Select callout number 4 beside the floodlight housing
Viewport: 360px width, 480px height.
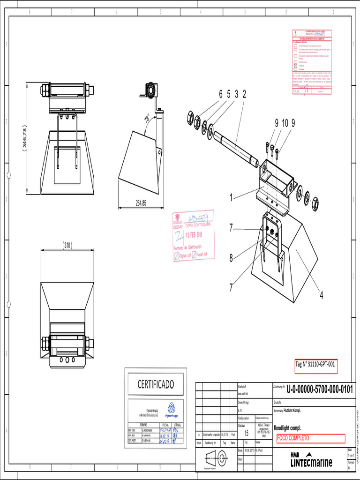click(x=322, y=295)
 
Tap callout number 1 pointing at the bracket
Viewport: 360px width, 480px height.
click(x=231, y=198)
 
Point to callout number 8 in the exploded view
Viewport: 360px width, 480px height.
click(x=231, y=257)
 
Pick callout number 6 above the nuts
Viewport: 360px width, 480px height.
click(x=220, y=94)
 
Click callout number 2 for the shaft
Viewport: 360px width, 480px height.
click(x=244, y=94)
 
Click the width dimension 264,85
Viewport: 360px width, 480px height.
click(x=141, y=203)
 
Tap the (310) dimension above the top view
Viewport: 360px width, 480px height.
click(x=67, y=244)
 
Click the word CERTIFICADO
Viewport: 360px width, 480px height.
click(x=155, y=384)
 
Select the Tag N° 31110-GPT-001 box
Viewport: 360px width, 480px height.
click(x=316, y=365)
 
